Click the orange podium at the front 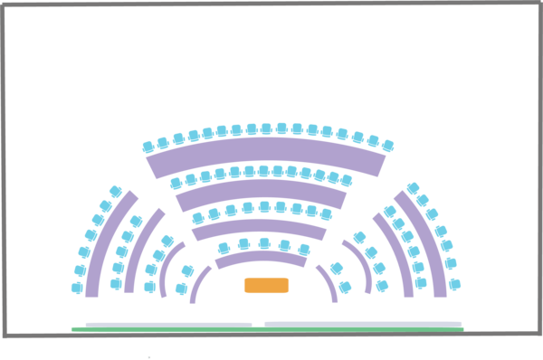click(267, 286)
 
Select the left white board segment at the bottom click(168, 323)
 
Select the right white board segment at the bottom click(362, 323)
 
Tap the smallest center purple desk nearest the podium click(262, 260)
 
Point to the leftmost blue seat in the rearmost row click(148, 147)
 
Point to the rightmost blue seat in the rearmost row click(387, 146)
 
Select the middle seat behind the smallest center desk click(264, 242)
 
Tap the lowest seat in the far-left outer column click(77, 288)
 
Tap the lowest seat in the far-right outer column click(454, 284)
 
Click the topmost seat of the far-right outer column click(413, 188)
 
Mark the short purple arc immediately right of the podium click(328, 283)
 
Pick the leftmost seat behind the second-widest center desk click(176, 184)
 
